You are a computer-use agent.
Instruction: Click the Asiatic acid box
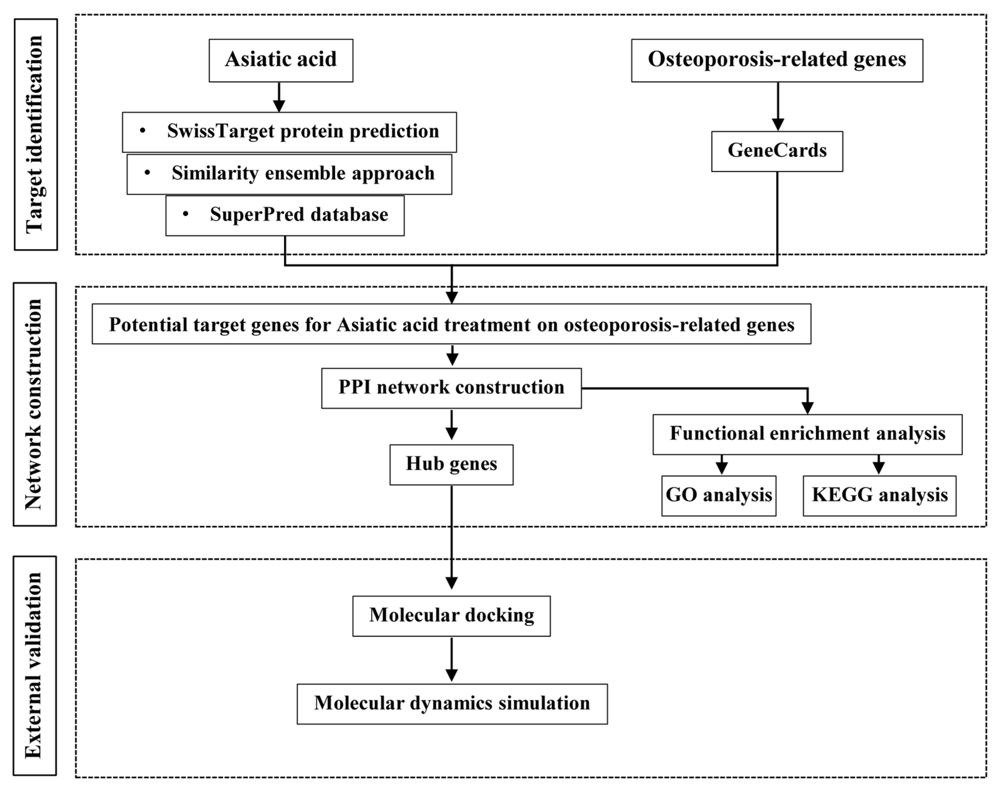(x=281, y=60)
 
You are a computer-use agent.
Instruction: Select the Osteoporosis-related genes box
(x=777, y=60)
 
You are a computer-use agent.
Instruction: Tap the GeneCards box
(x=777, y=151)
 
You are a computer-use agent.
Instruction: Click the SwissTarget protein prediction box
(x=289, y=132)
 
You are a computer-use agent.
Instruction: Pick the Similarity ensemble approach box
(x=289, y=174)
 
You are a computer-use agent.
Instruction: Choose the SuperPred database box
(x=285, y=215)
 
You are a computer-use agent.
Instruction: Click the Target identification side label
(x=35, y=135)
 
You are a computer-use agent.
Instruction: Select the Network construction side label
(x=35, y=404)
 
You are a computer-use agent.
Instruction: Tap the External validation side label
(x=35, y=666)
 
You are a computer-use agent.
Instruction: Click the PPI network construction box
(x=451, y=388)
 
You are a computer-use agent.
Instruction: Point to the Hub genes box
(x=451, y=464)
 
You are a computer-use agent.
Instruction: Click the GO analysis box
(x=719, y=496)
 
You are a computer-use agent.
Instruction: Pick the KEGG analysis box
(x=879, y=496)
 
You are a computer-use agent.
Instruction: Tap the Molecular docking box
(x=451, y=616)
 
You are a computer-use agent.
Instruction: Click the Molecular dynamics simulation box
(x=452, y=704)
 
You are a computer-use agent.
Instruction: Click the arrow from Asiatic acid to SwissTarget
(x=279, y=97)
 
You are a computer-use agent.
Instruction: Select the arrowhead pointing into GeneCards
(x=778, y=124)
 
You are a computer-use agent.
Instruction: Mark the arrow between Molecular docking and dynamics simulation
(x=451, y=660)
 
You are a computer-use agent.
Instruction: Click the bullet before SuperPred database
(x=185, y=214)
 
